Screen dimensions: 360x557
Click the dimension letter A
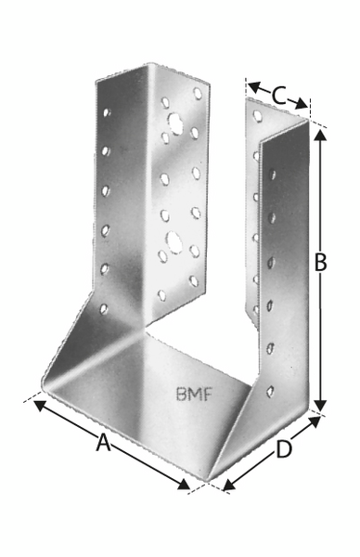pyautogui.click(x=103, y=443)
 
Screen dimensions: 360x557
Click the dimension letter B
pyautogui.click(x=321, y=263)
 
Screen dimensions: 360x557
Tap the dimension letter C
pyautogui.click(x=278, y=96)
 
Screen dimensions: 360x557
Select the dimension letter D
pyautogui.click(x=284, y=448)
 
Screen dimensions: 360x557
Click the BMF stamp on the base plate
pyautogui.click(x=194, y=395)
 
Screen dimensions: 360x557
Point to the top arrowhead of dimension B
pyautogui.click(x=321, y=136)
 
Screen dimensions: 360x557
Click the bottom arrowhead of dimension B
pyautogui.click(x=321, y=406)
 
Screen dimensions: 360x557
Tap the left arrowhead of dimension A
pyautogui.click(x=40, y=406)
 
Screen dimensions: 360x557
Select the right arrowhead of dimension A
pyautogui.click(x=184, y=485)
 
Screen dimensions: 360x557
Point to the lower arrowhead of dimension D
pyautogui.click(x=229, y=486)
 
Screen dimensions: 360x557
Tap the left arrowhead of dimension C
pyautogui.click(x=254, y=86)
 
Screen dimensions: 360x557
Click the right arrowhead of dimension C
pyautogui.click(x=301, y=103)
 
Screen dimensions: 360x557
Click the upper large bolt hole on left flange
pyautogui.click(x=175, y=123)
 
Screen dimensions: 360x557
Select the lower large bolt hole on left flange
pyautogui.click(x=174, y=242)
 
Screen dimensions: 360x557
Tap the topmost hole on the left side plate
pyautogui.click(x=106, y=112)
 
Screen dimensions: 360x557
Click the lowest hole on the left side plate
pyautogui.click(x=104, y=309)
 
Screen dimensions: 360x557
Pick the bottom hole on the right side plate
pyautogui.click(x=270, y=392)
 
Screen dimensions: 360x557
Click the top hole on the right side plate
pyautogui.click(x=272, y=175)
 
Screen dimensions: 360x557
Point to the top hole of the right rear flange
pyautogui.click(x=257, y=115)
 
